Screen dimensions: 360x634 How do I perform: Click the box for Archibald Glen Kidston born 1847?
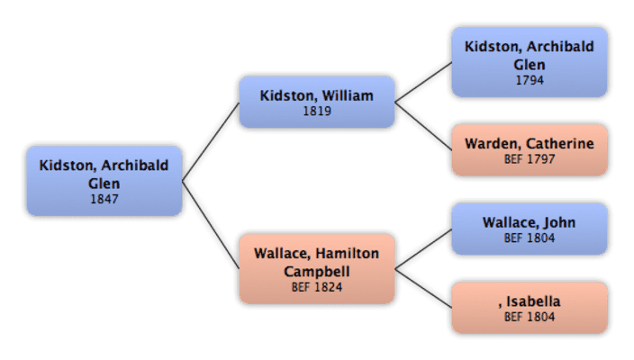104,180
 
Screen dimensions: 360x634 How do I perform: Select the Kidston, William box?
316,102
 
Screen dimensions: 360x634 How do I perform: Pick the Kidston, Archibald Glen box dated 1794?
529,60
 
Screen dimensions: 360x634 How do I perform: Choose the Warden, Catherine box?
529,149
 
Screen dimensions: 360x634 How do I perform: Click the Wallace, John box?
529,229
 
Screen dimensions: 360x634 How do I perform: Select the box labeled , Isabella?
529,308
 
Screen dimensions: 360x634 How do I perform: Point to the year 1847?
104,199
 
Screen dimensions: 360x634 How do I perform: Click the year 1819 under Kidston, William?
316,112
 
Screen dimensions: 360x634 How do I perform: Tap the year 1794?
529,80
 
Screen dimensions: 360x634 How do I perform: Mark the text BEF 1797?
529,159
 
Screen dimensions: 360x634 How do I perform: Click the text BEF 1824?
316,288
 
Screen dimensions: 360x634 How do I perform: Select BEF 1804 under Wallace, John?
529,238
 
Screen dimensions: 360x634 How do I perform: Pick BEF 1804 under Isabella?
529,318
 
